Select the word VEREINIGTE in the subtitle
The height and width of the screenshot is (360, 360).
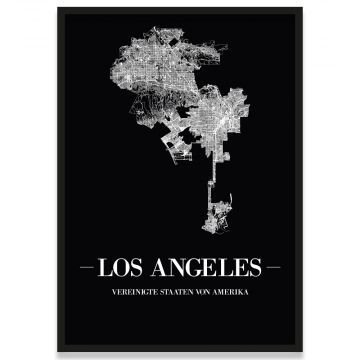[132, 290]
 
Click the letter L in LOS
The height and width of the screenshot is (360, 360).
[110, 267]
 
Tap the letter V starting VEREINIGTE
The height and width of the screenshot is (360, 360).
[113, 290]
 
